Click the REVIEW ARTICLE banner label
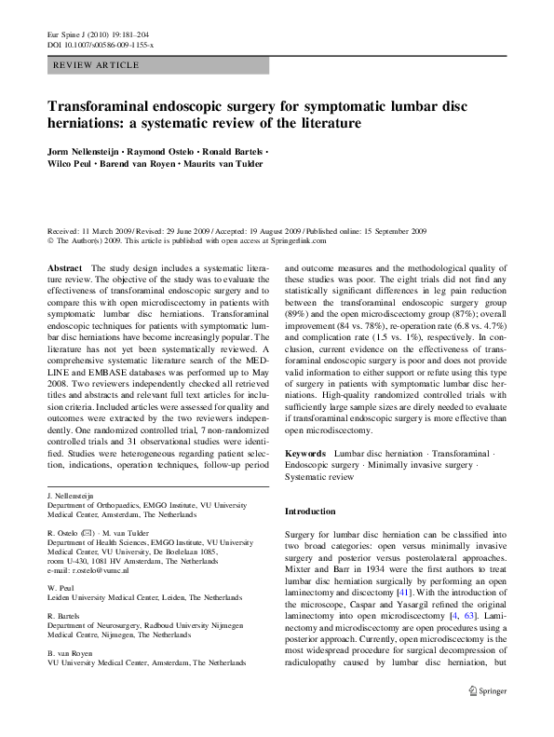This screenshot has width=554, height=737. click(x=98, y=65)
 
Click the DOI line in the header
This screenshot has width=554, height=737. click(x=99, y=44)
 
